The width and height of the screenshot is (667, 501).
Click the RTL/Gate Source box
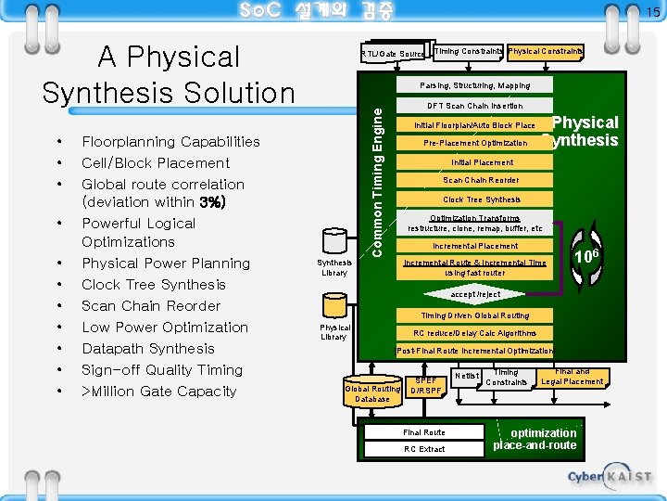(392, 54)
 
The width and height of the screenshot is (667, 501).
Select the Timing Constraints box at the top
(468, 50)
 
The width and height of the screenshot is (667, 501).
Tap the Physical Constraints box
(545, 50)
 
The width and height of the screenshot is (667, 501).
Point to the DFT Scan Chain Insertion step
(474, 106)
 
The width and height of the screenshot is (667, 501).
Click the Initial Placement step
(475, 162)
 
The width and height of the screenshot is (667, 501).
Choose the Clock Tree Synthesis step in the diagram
(481, 199)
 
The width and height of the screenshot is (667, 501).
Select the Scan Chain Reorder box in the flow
(481, 180)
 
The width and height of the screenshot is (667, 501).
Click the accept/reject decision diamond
(475, 294)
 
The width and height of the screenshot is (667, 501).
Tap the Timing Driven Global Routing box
(475, 315)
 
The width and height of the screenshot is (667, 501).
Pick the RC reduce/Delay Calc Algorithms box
(474, 333)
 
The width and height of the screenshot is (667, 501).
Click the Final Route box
(423, 432)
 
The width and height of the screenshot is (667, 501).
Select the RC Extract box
(423, 449)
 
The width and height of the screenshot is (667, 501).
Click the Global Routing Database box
(372, 392)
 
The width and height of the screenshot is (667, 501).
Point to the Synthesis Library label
(334, 268)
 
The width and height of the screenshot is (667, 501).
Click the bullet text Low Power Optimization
(165, 328)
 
